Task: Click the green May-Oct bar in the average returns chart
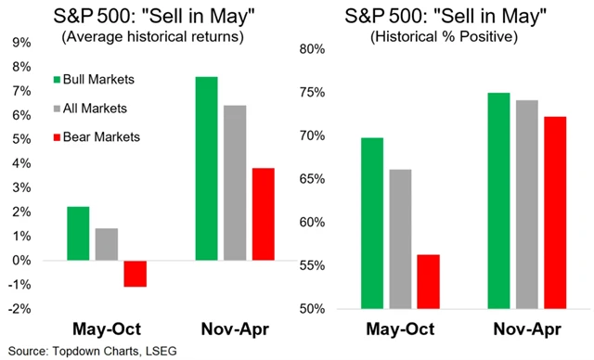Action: click(78, 233)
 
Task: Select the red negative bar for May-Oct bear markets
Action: click(136, 274)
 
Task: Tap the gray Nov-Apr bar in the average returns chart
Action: click(235, 183)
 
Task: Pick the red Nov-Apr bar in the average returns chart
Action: click(264, 214)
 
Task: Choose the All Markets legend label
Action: click(96, 108)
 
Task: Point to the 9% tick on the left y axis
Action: click(19, 43)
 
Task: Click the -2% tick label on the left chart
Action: click(18, 309)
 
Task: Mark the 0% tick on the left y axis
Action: click(19, 261)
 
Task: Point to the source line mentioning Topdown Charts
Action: click(82, 350)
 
